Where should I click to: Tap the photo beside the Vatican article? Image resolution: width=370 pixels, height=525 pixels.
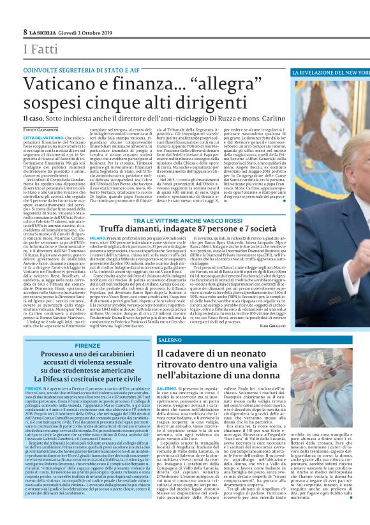coord(330,159)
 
